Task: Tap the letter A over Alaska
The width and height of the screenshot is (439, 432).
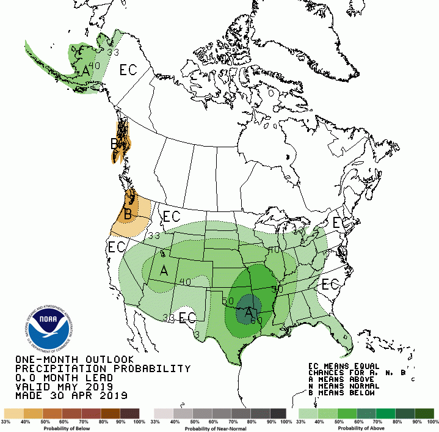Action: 86,71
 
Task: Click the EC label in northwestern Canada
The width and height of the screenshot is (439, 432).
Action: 128,70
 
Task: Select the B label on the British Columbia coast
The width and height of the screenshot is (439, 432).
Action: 114,144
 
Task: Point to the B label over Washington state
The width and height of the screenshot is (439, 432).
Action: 128,214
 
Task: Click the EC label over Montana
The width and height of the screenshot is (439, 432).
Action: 171,216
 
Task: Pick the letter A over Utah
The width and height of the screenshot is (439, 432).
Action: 164,270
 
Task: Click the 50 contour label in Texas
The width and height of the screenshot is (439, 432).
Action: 228,301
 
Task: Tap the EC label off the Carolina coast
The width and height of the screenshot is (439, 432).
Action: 330,285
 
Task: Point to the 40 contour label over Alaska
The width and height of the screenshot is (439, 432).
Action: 94,65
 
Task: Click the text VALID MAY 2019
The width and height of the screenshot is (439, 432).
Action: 65,387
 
